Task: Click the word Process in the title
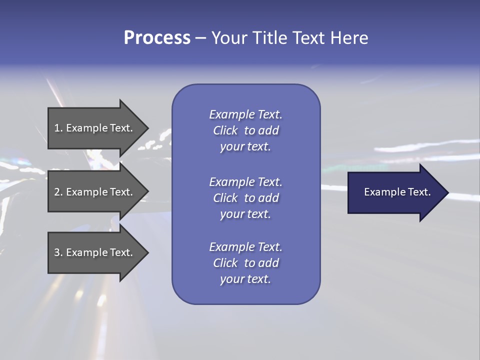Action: pyautogui.click(x=157, y=38)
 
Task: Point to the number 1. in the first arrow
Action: pyautogui.click(x=58, y=128)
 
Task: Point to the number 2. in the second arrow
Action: pyautogui.click(x=58, y=192)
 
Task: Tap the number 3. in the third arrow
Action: pyautogui.click(x=58, y=252)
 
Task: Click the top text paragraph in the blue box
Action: pyautogui.click(x=245, y=130)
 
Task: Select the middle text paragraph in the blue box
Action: pyautogui.click(x=245, y=198)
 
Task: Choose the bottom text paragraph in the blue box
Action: pyautogui.click(x=245, y=263)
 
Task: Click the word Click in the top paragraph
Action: pyautogui.click(x=225, y=130)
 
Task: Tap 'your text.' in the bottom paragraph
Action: pyautogui.click(x=245, y=279)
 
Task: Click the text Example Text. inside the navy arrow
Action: pyautogui.click(x=397, y=192)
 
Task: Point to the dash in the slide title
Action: pyautogui.click(x=200, y=38)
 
